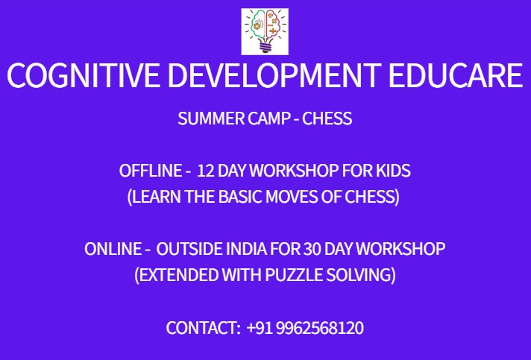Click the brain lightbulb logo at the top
(265, 31)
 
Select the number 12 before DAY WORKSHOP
(206, 171)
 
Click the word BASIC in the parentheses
(240, 198)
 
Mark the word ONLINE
(113, 249)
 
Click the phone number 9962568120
(319, 328)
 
